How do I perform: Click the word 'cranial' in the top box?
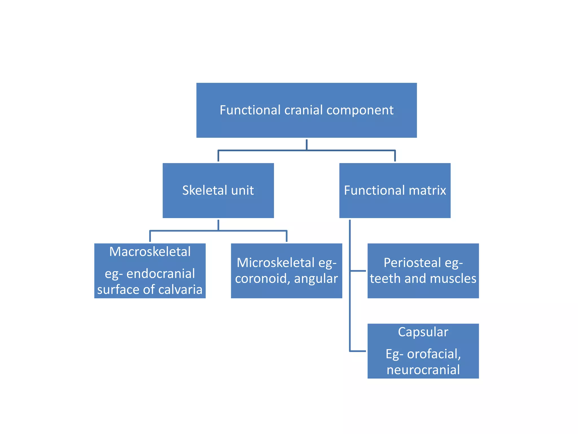[x=303, y=110]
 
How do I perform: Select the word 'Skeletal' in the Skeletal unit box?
[x=204, y=190]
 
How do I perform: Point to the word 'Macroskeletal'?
[x=150, y=251]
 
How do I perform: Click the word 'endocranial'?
[x=160, y=274]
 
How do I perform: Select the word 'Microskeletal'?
[x=275, y=262]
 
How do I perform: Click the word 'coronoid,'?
[x=262, y=279]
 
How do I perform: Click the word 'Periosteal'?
[x=412, y=262]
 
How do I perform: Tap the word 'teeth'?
[x=385, y=279]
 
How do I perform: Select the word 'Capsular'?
[x=423, y=332]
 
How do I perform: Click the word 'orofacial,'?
[x=434, y=354]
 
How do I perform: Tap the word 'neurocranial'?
[x=423, y=370]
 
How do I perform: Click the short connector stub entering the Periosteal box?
[x=358, y=271]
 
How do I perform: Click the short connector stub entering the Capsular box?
[x=358, y=351]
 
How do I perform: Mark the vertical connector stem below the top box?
[x=306, y=144]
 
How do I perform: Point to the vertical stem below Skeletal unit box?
[x=218, y=225]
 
